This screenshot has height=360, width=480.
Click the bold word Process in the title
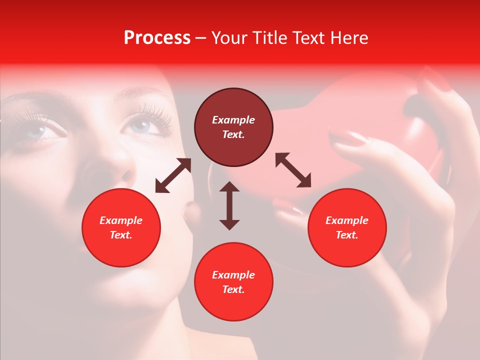point(157,38)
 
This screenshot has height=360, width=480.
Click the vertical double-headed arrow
point(229,205)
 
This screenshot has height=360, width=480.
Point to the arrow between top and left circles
point(173,175)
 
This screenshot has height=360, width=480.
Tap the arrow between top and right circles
point(293,170)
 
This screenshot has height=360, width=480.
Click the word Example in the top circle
point(233,120)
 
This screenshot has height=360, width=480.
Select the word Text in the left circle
point(121,235)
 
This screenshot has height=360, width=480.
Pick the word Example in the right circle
point(347,220)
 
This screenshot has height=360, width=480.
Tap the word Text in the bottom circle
point(233,289)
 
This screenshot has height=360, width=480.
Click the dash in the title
point(201,38)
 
